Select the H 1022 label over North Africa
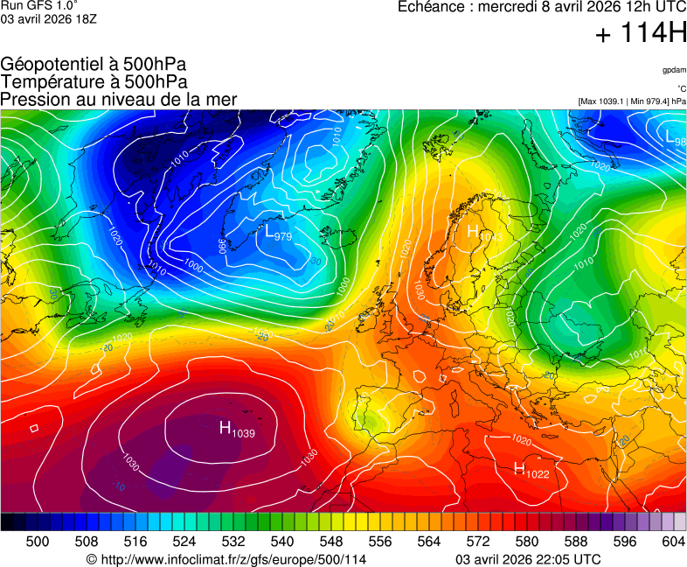tap(531, 470)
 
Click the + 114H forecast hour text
tap(640, 35)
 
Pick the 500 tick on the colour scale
tap(38, 542)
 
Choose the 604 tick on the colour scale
tap(673, 542)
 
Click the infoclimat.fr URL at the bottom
tap(226, 559)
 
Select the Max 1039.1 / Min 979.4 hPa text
tap(632, 101)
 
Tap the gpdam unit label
tap(673, 69)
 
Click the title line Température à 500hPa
tap(94, 82)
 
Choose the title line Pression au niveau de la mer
tap(119, 100)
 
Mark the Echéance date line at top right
tap(542, 7)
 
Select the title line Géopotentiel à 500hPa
tap(94, 65)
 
